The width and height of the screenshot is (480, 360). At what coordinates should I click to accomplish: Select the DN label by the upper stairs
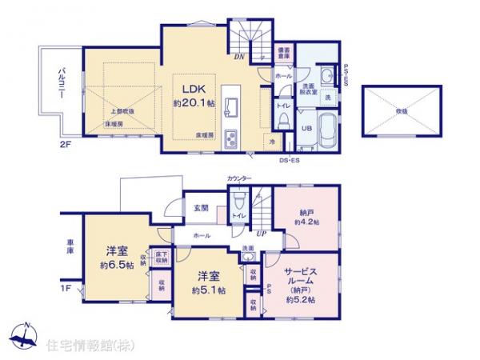coord(238,57)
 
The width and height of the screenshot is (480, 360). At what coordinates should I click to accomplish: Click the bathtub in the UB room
coord(328,130)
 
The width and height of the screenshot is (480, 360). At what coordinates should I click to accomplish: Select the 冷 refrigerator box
coord(273,142)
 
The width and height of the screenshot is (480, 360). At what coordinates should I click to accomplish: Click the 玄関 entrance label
coord(199,208)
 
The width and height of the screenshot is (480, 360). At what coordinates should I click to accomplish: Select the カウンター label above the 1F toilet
coord(238,178)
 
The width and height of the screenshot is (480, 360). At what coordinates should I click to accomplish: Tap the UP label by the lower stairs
coord(261,234)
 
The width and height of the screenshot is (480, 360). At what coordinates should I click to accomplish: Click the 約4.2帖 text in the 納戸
coord(307,222)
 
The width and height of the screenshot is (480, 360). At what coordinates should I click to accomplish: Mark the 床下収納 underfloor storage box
coord(161,257)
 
